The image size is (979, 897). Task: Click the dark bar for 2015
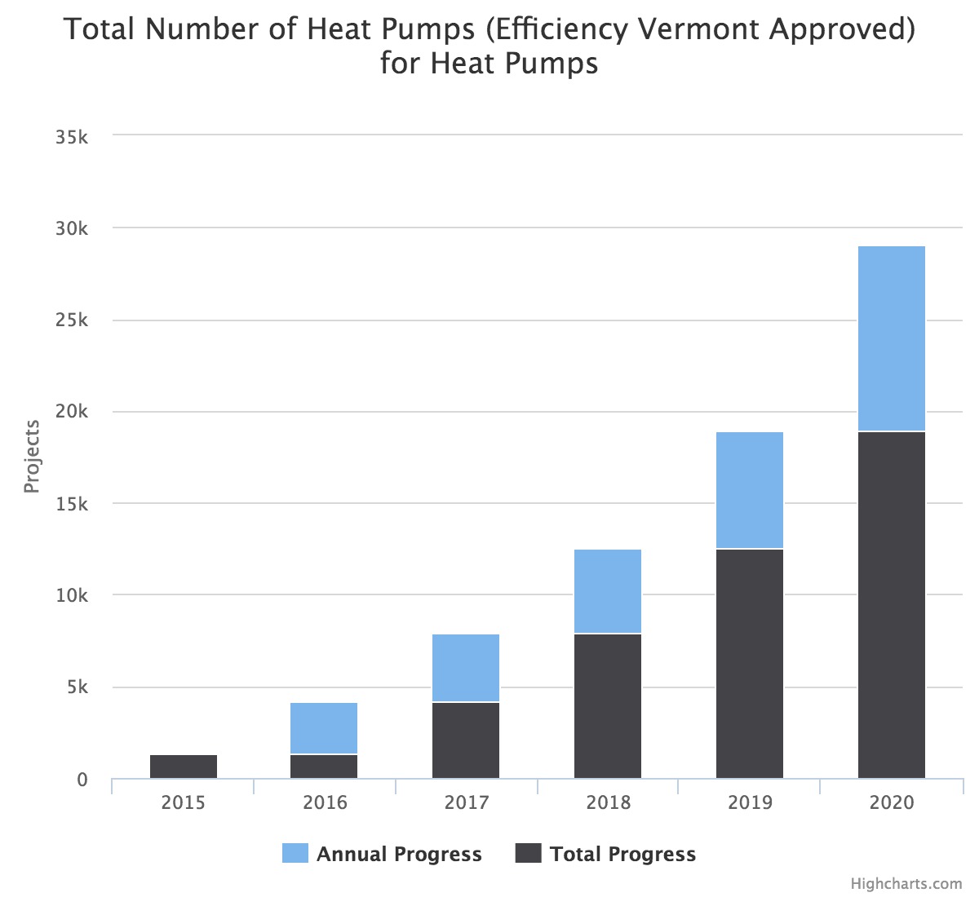(x=184, y=767)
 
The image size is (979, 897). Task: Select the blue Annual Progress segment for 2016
(x=324, y=728)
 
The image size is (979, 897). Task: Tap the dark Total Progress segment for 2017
(x=466, y=740)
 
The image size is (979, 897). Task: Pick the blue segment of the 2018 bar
(x=608, y=591)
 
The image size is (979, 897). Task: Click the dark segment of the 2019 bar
(x=750, y=664)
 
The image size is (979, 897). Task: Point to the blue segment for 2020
(x=892, y=338)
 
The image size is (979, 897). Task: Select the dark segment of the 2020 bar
(x=892, y=605)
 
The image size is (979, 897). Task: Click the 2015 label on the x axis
(x=184, y=802)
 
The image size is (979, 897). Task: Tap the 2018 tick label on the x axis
(x=608, y=802)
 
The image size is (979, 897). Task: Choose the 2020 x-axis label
(x=892, y=802)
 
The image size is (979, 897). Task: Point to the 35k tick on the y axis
(x=72, y=137)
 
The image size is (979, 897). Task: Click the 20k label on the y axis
(x=72, y=412)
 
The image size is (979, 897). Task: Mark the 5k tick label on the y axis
(x=77, y=687)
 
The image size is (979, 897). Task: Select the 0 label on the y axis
(x=82, y=780)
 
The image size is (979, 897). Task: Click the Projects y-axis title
(x=32, y=457)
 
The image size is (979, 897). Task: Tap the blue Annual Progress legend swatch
(x=295, y=854)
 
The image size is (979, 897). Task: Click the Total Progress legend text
(x=622, y=855)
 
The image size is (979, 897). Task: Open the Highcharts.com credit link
(x=906, y=883)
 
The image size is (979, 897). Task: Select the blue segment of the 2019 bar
(x=750, y=490)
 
